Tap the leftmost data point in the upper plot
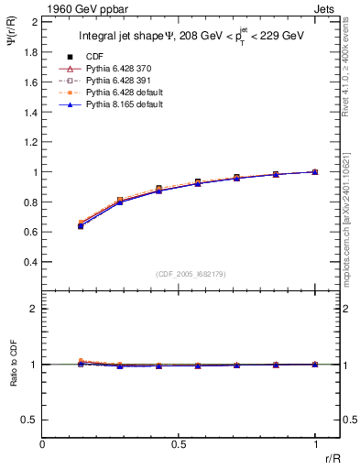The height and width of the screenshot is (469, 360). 82,224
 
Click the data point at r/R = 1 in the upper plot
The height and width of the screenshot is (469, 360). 315,171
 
